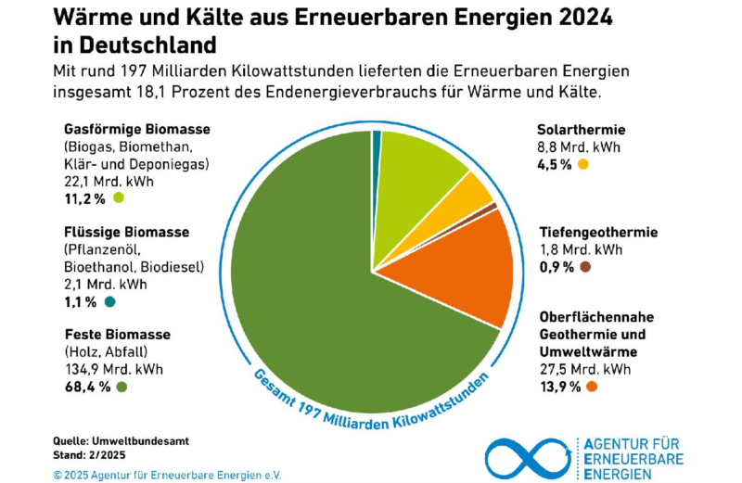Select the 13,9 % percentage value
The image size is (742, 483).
pyautogui.click(x=560, y=385)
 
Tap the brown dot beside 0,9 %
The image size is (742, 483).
pyautogui.click(x=585, y=267)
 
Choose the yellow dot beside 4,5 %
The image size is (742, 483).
pyautogui.click(x=583, y=164)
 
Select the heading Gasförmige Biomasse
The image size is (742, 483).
pyautogui.click(x=136, y=129)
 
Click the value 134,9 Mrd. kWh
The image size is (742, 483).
pyautogui.click(x=112, y=368)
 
